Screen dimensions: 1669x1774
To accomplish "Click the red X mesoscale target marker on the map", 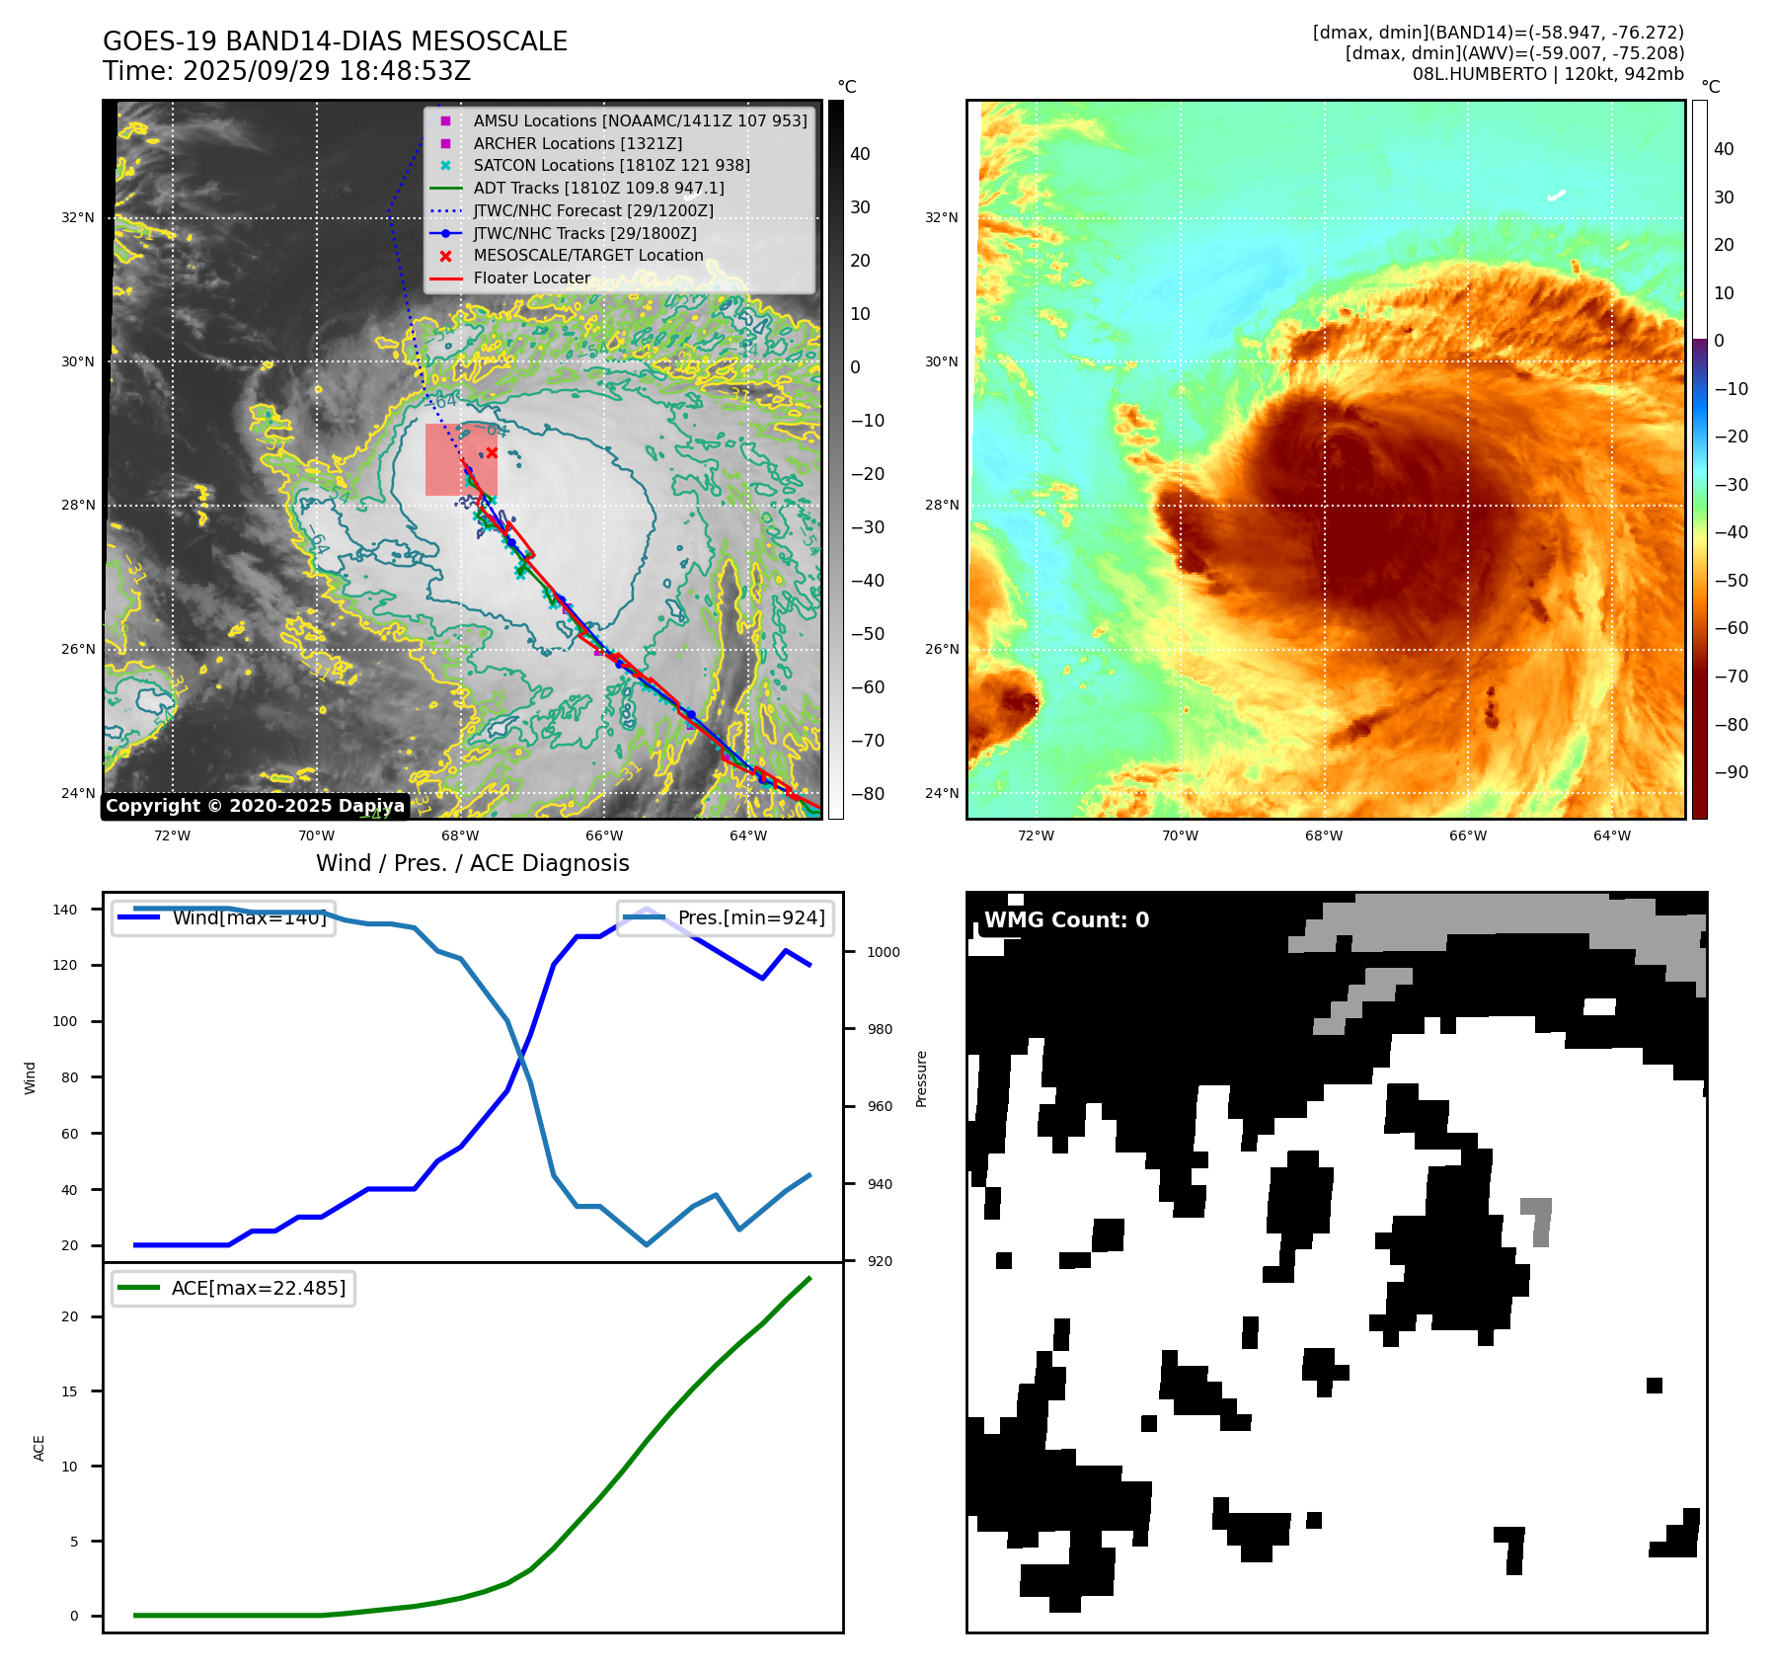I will pyautogui.click(x=492, y=452).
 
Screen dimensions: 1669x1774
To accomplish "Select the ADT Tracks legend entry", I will pyautogui.click(x=598, y=188).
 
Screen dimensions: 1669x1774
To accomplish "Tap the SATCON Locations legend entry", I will pyautogui.click(x=611, y=165).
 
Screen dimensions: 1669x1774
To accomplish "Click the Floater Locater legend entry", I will pyautogui.click(x=531, y=278).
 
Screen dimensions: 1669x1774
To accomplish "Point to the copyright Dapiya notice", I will pyautogui.click(x=255, y=806).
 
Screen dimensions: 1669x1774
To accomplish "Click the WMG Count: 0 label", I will pyautogui.click(x=1066, y=920).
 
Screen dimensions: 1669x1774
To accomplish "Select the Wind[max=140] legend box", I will pyautogui.click(x=223, y=917).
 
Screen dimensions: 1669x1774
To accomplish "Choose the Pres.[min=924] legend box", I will pyautogui.click(x=726, y=917).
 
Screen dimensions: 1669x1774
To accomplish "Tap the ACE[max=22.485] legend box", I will pyautogui.click(x=234, y=1288).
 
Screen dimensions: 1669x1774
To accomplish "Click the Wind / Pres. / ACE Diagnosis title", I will pyautogui.click(x=472, y=863).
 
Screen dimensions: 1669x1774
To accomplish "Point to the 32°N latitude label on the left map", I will pyautogui.click(x=78, y=217).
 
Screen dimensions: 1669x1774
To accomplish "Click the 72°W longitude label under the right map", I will pyautogui.click(x=1036, y=835).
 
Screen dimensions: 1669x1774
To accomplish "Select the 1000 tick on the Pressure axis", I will pyautogui.click(x=884, y=952).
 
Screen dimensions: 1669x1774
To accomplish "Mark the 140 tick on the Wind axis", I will pyautogui.click(x=65, y=910).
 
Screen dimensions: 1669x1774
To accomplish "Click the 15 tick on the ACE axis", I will pyautogui.click(x=69, y=1391).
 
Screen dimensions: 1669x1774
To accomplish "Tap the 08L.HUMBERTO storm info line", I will pyautogui.click(x=1547, y=74).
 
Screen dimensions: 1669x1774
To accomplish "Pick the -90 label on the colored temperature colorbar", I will pyautogui.click(x=1731, y=772).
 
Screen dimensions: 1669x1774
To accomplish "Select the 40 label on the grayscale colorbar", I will pyautogui.click(x=860, y=154).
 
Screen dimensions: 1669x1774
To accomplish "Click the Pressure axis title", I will pyautogui.click(x=921, y=1078).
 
